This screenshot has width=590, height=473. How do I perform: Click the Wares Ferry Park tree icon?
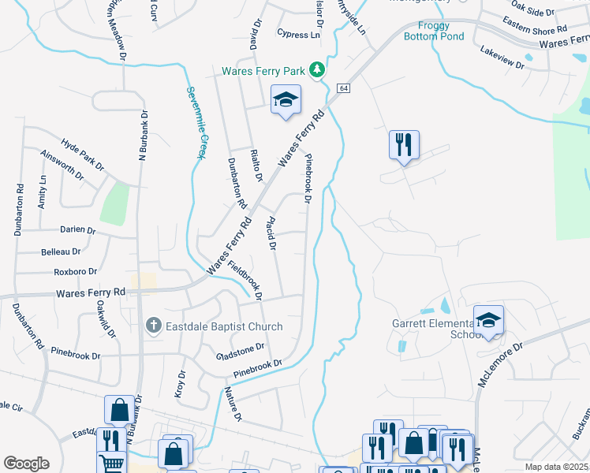(317, 71)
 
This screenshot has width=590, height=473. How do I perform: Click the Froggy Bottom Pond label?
(433, 30)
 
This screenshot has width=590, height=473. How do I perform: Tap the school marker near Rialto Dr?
(286, 100)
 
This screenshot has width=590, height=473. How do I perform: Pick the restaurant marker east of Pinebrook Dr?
(404, 144)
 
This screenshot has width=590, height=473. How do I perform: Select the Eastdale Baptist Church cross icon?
(154, 326)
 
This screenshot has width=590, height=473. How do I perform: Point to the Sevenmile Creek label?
(196, 121)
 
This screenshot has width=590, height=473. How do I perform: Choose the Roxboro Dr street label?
(75, 272)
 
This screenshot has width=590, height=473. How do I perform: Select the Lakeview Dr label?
(502, 58)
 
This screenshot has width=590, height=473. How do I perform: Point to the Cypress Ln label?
(299, 35)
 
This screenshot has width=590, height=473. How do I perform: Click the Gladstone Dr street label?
(240, 348)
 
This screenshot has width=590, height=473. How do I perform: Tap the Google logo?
(26, 464)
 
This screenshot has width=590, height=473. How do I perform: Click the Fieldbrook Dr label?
(245, 277)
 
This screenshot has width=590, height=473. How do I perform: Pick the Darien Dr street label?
(77, 231)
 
